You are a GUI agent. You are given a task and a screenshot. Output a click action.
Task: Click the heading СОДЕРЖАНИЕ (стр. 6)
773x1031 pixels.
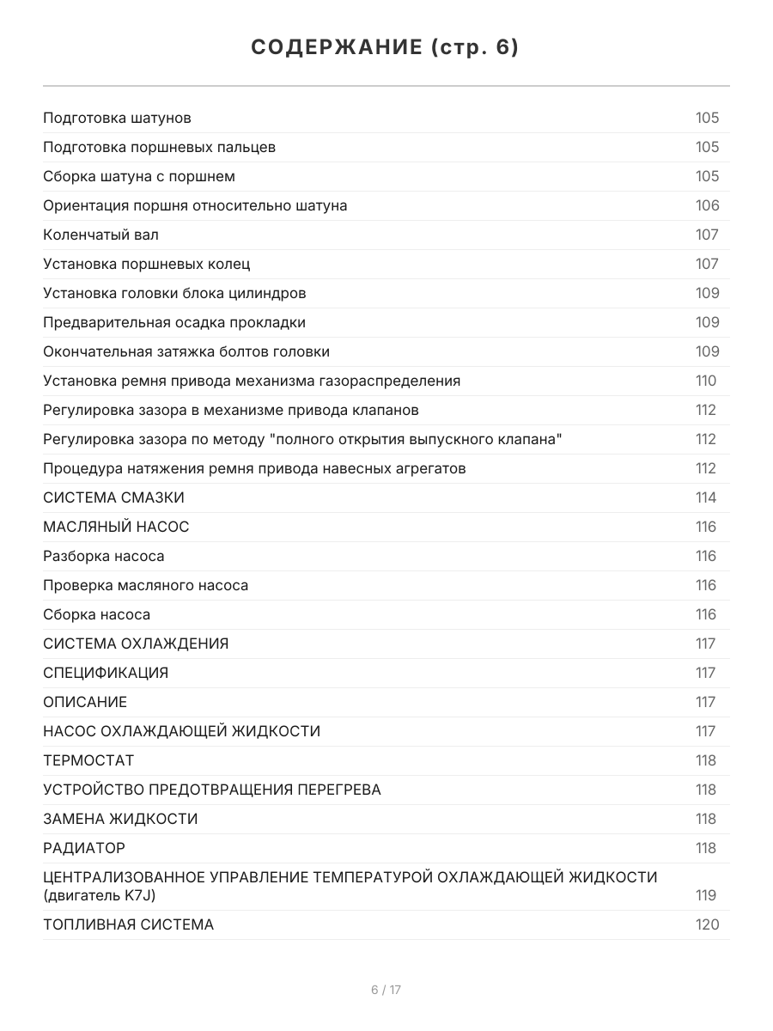tap(386, 48)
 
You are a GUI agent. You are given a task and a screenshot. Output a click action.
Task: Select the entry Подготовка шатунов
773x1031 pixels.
tap(117, 118)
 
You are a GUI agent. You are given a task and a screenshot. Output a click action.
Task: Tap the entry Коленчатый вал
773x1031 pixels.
tap(100, 235)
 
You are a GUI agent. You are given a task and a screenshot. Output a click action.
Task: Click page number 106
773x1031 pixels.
tap(707, 205)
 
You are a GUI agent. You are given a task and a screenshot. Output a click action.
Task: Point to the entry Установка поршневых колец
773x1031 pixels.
tap(146, 264)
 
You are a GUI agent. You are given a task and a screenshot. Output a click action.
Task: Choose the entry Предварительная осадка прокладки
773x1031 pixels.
tap(174, 322)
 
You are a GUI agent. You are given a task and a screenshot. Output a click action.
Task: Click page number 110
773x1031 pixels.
tap(705, 381)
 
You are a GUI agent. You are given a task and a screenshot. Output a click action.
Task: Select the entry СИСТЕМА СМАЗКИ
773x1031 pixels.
tap(113, 497)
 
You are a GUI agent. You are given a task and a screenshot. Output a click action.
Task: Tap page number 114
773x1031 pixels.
tap(706, 497)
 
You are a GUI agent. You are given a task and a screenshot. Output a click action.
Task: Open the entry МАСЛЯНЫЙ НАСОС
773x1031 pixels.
tap(116, 527)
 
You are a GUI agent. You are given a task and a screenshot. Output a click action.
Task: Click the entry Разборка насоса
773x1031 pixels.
tap(103, 556)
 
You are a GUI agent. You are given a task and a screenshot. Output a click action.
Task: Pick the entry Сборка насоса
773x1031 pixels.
tap(96, 614)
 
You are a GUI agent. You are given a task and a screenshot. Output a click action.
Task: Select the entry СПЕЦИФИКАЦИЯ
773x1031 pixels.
tap(106, 673)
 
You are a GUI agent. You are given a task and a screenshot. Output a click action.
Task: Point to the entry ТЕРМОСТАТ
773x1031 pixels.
tap(88, 760)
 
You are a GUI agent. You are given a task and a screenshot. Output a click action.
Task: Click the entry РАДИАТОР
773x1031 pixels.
tap(84, 848)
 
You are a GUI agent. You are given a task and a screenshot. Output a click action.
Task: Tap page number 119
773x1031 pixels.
tap(706, 895)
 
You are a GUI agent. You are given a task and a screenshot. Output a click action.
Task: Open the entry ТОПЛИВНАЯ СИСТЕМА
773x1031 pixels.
tap(128, 924)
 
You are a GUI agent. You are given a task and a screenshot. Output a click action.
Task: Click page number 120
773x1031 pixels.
tap(707, 924)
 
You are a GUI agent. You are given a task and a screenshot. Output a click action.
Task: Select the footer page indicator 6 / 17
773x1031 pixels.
tap(386, 990)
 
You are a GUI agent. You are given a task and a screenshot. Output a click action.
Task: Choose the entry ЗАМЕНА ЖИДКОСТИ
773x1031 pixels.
tap(120, 819)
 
